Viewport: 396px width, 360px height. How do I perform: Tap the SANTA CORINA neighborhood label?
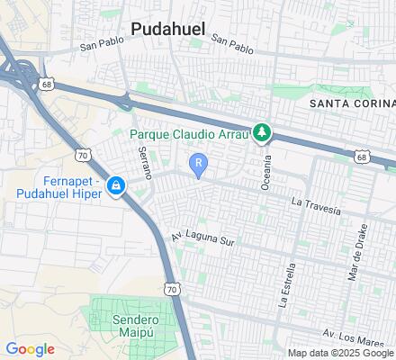click(351, 103)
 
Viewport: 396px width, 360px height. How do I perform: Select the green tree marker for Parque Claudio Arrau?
click(262, 133)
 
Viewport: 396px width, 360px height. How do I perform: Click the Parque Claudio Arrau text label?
click(190, 135)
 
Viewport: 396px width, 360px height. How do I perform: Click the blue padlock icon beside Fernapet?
click(115, 186)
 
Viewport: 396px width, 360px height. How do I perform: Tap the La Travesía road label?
click(315, 205)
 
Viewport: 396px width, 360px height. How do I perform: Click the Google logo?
click(31, 349)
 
